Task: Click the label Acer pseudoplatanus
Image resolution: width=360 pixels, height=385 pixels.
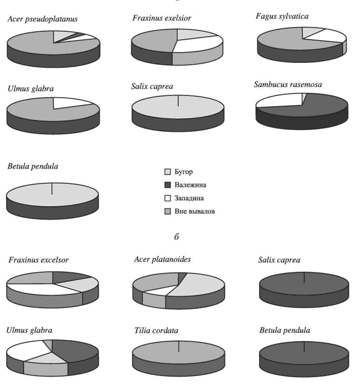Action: pyautogui.click(x=43, y=19)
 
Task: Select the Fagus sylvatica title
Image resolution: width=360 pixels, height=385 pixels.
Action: pyautogui.click(x=282, y=14)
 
